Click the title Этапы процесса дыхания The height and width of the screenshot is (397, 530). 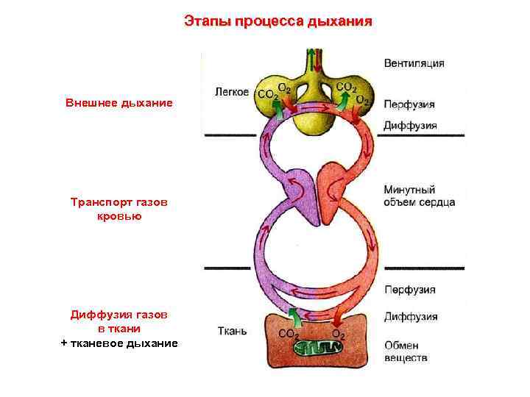point(278,22)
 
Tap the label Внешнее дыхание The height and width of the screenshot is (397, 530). point(119,103)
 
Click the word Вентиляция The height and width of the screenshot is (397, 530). point(414,63)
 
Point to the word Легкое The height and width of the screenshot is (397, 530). point(231,93)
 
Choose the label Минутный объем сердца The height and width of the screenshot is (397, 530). point(419,196)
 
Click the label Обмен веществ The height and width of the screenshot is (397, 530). point(406,351)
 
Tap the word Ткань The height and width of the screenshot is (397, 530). point(233,330)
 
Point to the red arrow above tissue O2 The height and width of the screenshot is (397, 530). point(339,316)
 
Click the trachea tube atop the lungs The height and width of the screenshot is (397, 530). point(314,62)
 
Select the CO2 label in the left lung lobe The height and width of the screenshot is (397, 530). point(266,94)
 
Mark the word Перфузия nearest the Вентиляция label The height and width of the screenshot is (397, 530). point(409,104)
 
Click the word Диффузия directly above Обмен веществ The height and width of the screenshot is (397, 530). point(410,317)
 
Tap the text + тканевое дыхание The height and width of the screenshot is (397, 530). point(119,343)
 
